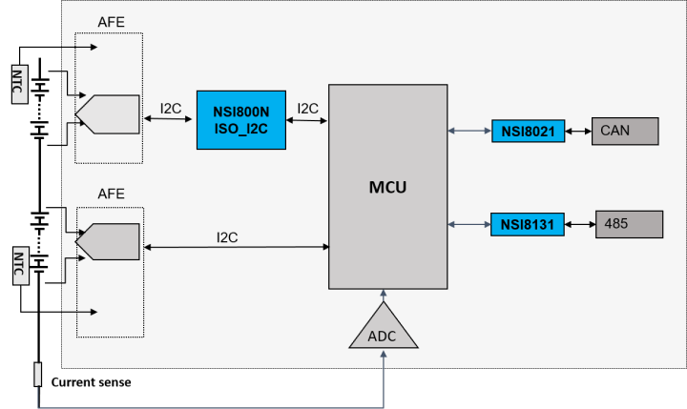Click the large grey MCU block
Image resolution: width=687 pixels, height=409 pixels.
point(387,187)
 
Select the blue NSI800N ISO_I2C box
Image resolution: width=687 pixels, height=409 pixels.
point(240,119)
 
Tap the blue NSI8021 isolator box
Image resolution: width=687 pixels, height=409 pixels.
point(529,131)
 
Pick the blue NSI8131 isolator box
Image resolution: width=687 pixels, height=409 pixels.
point(528,225)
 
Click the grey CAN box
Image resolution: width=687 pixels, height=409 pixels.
point(625,131)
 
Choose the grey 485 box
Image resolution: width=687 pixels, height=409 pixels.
point(629,224)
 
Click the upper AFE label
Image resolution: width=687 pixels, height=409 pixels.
point(112,22)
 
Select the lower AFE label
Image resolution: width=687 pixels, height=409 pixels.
point(112,194)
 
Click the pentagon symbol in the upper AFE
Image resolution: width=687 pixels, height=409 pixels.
point(113,115)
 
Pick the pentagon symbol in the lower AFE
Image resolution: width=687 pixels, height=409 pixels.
point(113,241)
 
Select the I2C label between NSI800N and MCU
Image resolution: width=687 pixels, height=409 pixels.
point(307,109)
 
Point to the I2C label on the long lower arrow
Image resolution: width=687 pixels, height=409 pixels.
point(228,236)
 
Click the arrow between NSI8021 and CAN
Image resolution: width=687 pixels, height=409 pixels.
point(578,131)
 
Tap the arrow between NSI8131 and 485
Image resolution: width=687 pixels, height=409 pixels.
point(580,225)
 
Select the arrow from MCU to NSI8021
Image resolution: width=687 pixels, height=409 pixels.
point(469,131)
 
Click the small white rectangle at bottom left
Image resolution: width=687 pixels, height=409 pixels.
point(38,375)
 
